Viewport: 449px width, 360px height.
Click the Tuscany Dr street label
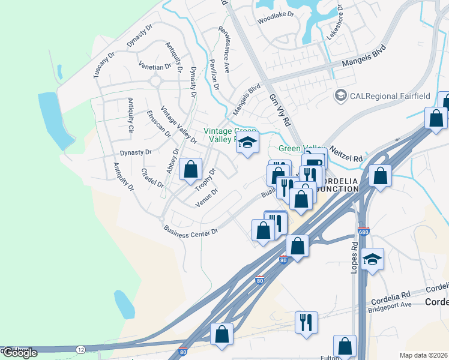tap(104, 65)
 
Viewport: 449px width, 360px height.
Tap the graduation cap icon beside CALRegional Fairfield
tap(341, 95)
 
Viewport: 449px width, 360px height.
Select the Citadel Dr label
tap(152, 177)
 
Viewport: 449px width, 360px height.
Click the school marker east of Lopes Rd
tap(373, 259)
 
